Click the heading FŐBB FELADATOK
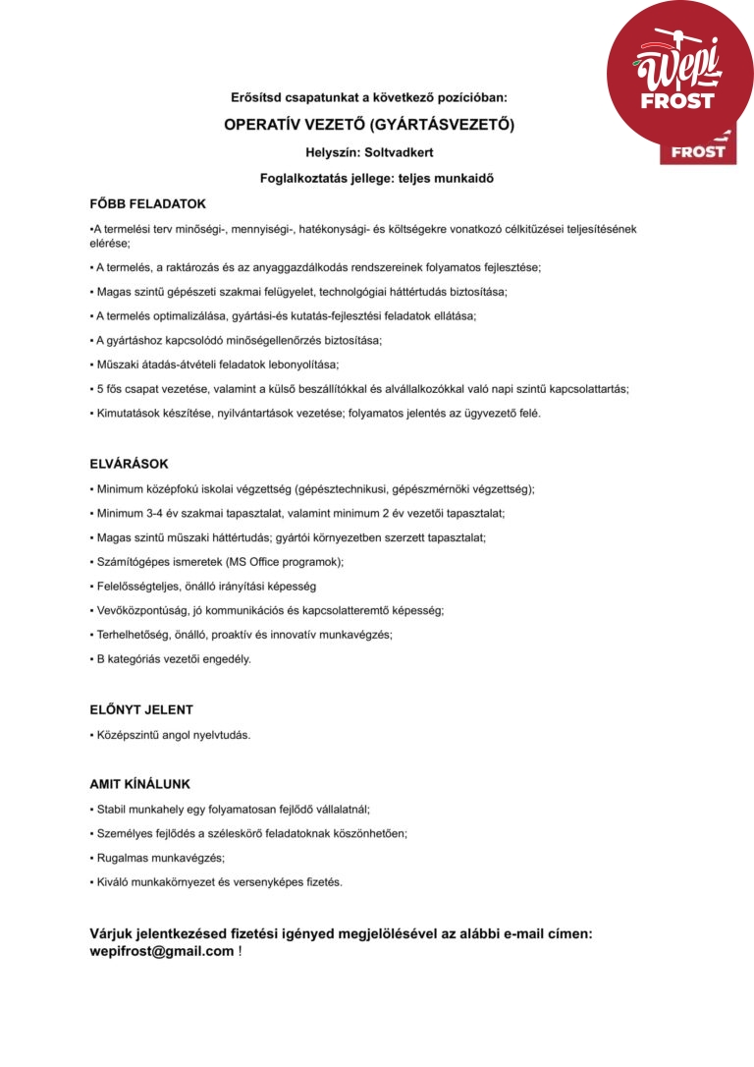tap(147, 204)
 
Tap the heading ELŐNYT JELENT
tap(141, 709)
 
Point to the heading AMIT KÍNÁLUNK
tap(139, 784)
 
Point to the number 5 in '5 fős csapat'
tap(100, 389)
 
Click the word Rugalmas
tap(122, 858)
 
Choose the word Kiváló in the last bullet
tap(114, 882)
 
